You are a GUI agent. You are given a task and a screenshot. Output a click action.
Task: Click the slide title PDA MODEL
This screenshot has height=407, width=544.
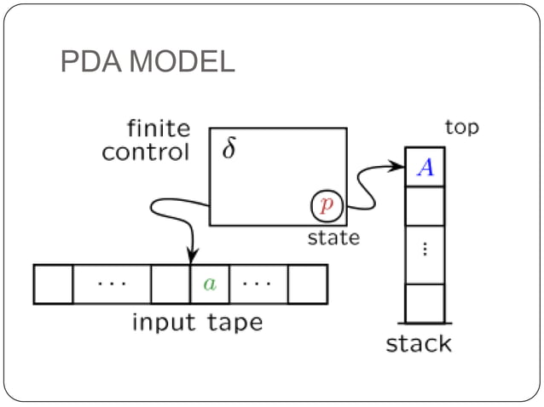pos(148,62)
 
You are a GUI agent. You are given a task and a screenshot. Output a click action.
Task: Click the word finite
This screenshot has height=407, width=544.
pos(159,130)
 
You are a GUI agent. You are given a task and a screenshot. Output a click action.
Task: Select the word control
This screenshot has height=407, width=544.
pos(145,153)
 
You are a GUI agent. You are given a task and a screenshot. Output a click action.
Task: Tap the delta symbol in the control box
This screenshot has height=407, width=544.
pos(229,149)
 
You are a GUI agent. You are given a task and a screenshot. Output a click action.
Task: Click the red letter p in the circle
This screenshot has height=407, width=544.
pos(326,205)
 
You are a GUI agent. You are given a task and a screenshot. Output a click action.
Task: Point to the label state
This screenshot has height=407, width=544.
pos(333,238)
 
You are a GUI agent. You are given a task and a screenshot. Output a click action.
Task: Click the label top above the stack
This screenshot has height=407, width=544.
pos(462,128)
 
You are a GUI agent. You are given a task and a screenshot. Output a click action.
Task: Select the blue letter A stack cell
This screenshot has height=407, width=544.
pos(425,168)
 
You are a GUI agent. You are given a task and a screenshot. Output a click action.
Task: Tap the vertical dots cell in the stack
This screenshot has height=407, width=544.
pos(425,251)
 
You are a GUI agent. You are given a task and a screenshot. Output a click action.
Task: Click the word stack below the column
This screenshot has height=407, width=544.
pos(419,344)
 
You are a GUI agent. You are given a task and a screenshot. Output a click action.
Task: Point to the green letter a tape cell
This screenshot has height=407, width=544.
pos(210,284)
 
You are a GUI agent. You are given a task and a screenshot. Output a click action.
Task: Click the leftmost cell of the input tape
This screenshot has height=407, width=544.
pos(54,284)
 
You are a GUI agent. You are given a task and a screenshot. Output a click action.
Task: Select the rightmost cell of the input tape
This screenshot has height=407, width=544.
pos(308,284)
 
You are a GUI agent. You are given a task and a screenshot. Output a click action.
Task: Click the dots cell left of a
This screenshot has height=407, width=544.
pos(112,284)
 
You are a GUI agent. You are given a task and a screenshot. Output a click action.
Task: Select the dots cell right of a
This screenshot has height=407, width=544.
pos(259,284)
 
